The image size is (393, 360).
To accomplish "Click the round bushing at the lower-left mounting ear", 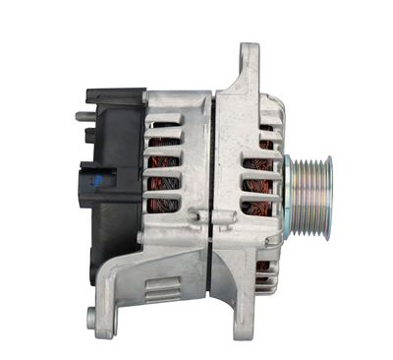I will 92,317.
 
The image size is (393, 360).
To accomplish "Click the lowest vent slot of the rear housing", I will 163,207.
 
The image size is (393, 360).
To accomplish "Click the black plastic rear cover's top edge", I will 116,93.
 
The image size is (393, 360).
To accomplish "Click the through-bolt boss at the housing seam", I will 201,213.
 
